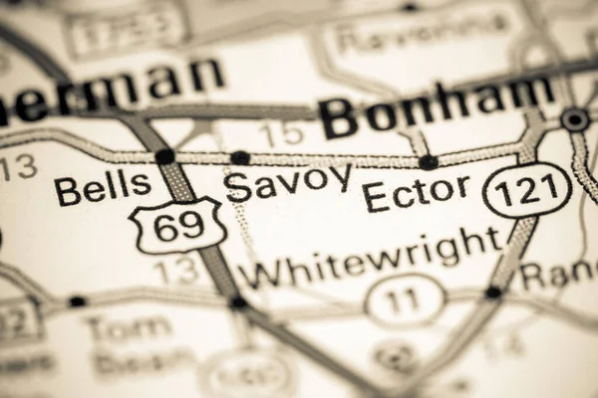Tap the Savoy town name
[288, 183]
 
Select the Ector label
[416, 193]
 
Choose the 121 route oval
[526, 190]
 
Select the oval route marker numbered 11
[405, 299]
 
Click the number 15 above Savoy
[280, 132]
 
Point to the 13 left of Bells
[17, 166]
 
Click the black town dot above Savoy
[240, 157]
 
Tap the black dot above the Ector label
[428, 162]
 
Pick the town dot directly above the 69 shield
[164, 156]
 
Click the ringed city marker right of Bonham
[575, 119]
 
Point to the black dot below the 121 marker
[492, 293]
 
